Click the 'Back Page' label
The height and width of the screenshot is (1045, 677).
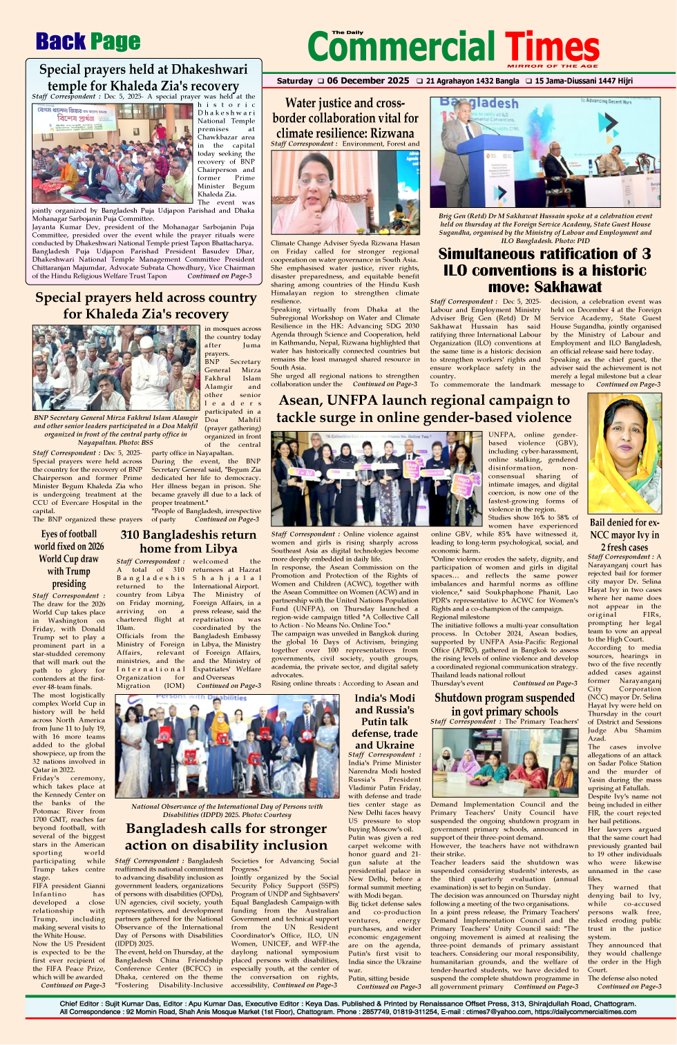coord(88,42)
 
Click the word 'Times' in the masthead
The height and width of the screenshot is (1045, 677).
coord(552,47)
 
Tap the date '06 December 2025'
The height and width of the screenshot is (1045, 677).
coord(368,81)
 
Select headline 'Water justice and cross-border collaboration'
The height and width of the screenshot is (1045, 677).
coord(345,117)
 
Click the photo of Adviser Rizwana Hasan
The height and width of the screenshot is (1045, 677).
coord(345,192)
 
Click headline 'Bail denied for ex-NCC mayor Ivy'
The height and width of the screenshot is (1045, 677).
coord(624,535)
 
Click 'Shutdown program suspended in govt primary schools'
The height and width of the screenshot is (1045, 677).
coord(504,704)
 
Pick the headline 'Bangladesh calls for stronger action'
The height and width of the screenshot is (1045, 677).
coord(226,836)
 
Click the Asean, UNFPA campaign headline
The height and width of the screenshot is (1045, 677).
coord(424,408)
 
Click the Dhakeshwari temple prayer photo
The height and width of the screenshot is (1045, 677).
coord(112,153)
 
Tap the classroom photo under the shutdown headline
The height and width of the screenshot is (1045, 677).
coord(504,763)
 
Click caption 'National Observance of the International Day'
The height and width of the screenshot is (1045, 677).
coord(227,810)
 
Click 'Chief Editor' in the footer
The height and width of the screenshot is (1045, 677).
coord(79,1003)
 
